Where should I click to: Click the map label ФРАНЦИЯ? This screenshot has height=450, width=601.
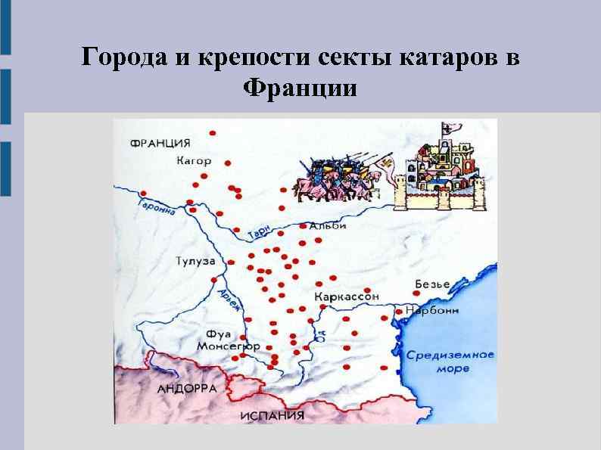(160, 142)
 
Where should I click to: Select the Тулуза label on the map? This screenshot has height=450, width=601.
(196, 262)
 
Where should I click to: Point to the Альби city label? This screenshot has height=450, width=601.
(329, 225)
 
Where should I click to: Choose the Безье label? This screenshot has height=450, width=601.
(432, 284)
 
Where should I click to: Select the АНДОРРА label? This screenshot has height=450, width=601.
(186, 388)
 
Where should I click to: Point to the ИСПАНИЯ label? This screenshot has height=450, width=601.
(272, 416)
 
